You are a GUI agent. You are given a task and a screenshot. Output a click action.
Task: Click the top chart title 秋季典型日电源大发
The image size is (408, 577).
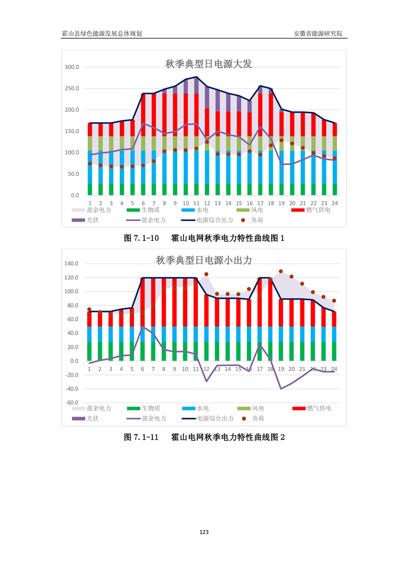[x=208, y=64]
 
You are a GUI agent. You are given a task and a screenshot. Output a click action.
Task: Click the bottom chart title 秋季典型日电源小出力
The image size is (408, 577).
[x=204, y=260]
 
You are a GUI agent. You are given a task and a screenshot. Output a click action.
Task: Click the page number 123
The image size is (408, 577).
[x=204, y=532]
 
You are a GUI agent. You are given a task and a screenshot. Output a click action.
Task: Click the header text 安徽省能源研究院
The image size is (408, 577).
[x=317, y=33]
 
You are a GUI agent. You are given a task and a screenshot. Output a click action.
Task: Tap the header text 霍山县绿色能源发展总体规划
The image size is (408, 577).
[x=102, y=33]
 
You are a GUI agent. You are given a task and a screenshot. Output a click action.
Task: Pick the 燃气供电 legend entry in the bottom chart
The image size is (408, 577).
[x=318, y=408]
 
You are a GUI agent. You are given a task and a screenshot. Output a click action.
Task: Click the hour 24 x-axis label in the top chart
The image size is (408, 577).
[x=334, y=203]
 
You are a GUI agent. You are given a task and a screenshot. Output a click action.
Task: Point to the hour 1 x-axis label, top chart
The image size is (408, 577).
[x=90, y=203]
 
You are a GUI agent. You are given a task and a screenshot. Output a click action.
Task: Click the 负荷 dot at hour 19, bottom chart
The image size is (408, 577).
[x=281, y=272]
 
